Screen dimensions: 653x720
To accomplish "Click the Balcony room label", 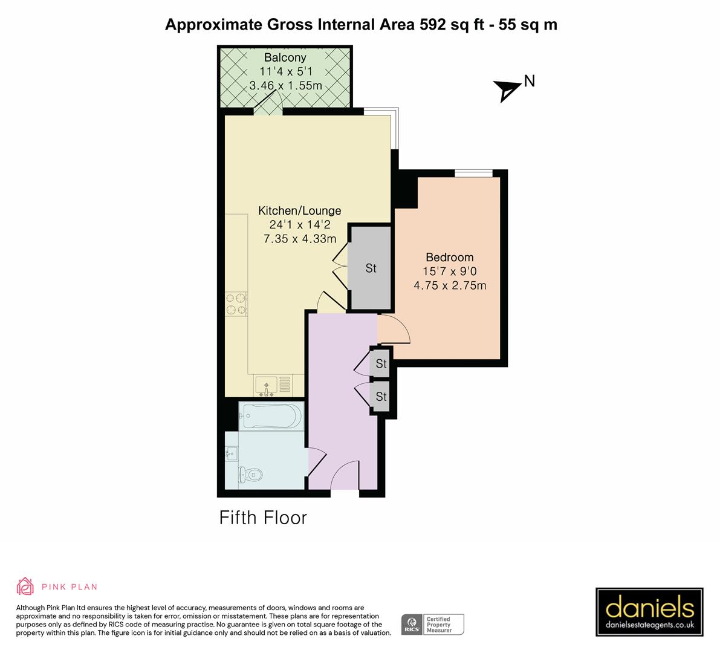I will point(285,58).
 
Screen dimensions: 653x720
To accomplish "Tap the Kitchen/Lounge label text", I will point(300,211).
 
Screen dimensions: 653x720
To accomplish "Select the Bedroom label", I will point(449,257).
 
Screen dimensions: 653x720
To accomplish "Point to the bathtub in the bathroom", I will point(270,416).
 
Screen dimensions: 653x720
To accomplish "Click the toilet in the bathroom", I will point(250,475).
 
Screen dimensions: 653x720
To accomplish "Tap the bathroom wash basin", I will point(232,453).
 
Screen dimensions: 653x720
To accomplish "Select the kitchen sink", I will point(266,385).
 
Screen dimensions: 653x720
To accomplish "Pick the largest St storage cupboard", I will point(371,268).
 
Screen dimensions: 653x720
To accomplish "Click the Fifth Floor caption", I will point(263,518).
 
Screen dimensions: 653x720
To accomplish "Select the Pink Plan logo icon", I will point(25,586).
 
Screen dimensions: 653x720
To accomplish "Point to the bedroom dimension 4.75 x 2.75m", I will point(449,285).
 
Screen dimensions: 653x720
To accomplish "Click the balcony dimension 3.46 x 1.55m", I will point(285,86).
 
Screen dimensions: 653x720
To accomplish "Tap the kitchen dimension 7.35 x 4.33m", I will point(300,239).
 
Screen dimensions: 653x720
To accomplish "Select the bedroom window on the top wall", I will point(473,174).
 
